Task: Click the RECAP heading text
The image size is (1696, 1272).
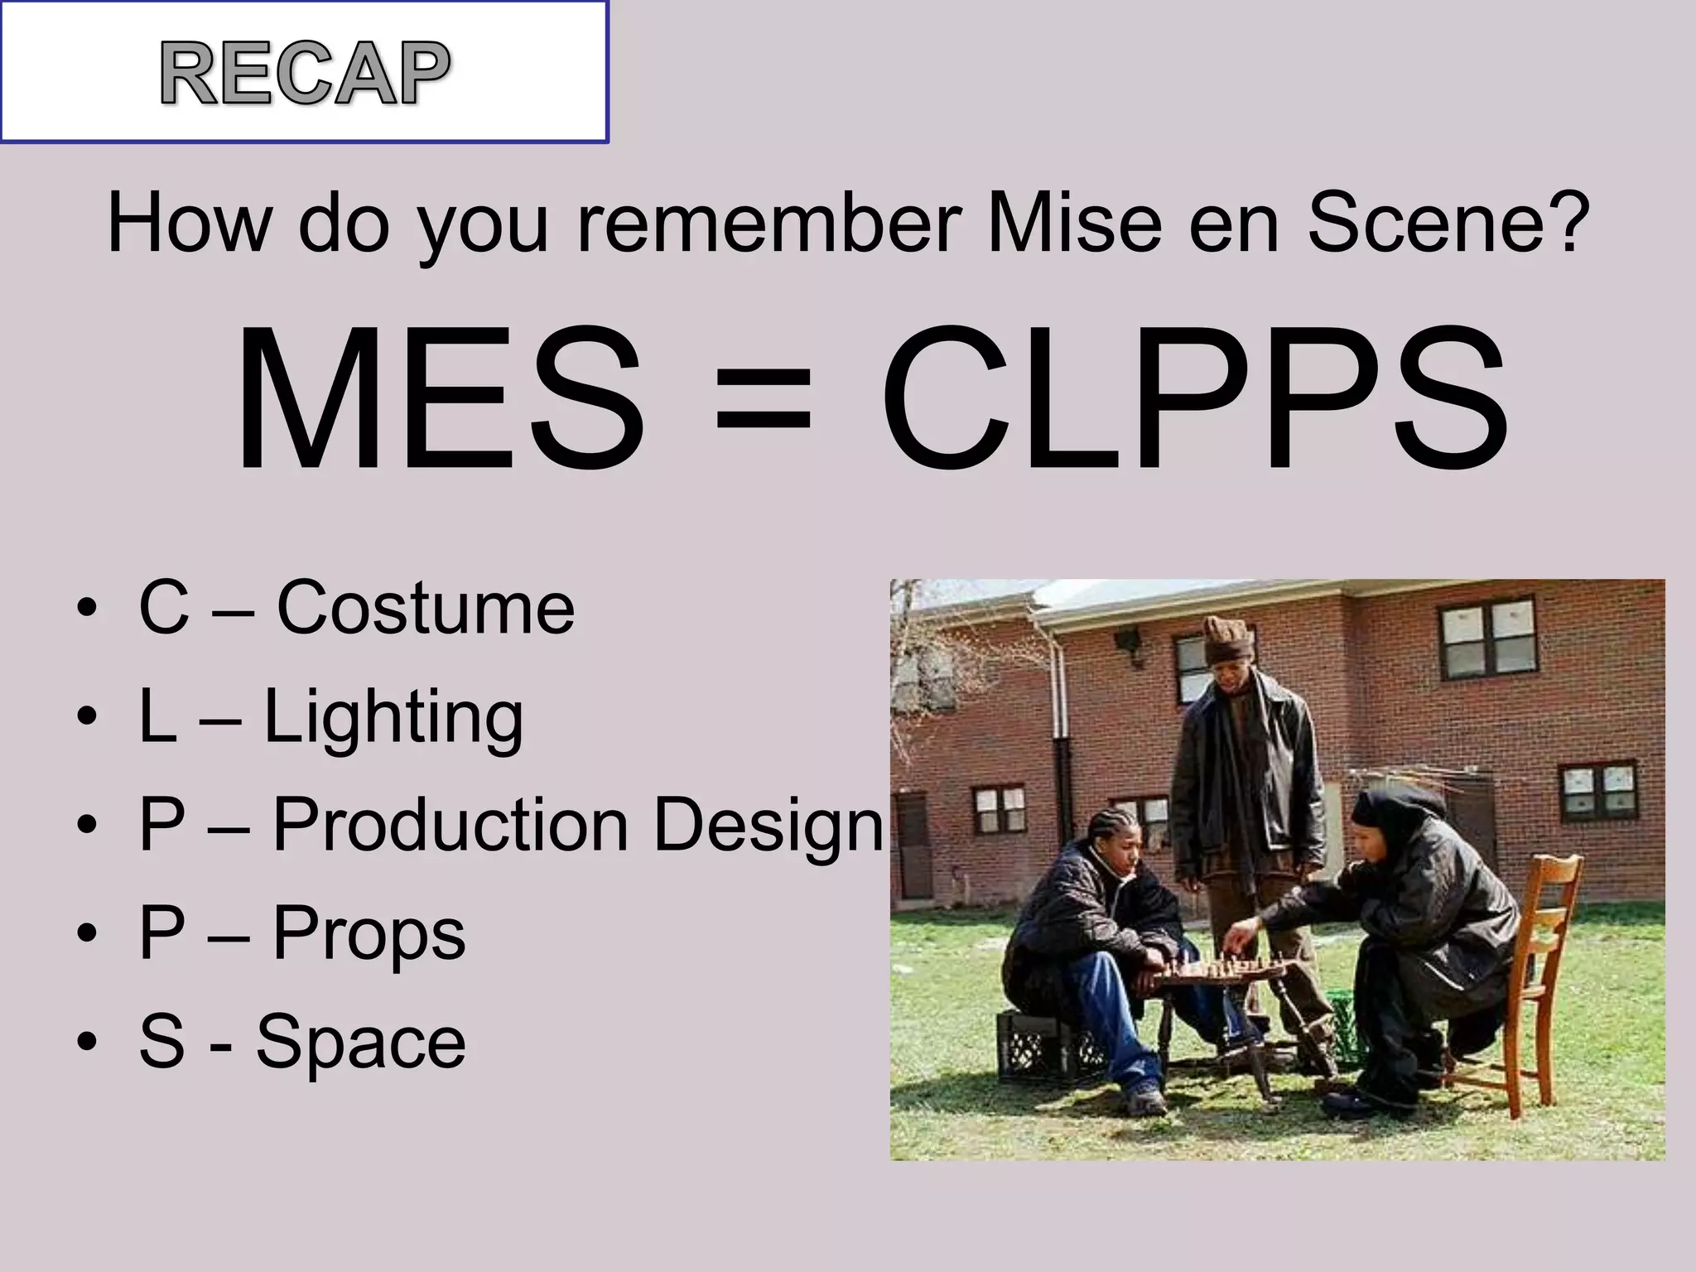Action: click(x=306, y=74)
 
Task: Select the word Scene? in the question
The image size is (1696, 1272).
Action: click(x=1448, y=224)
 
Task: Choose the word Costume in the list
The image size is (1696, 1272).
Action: click(x=425, y=609)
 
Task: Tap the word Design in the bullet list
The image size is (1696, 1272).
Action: click(x=768, y=825)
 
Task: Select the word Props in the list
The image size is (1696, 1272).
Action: click(x=369, y=934)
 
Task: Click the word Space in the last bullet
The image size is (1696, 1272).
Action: click(x=360, y=1042)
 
